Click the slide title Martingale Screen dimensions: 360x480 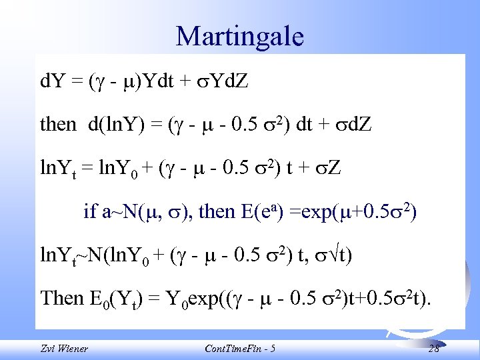click(240, 36)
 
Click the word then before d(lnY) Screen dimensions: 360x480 click(58, 123)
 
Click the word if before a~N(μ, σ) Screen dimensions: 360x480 click(90, 212)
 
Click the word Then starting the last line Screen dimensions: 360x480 click(61, 298)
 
